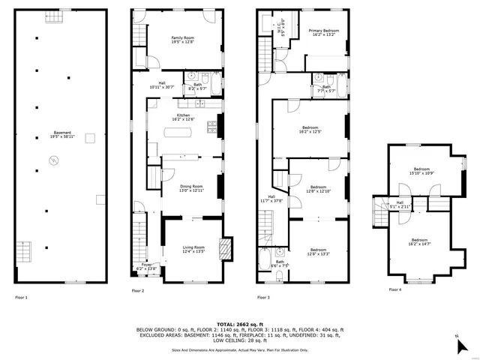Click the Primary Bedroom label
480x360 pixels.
pos(324,31)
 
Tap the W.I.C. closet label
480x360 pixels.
pos(281,31)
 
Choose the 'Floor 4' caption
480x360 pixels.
pos(394,289)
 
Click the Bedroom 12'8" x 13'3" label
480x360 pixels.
pos(318,251)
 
